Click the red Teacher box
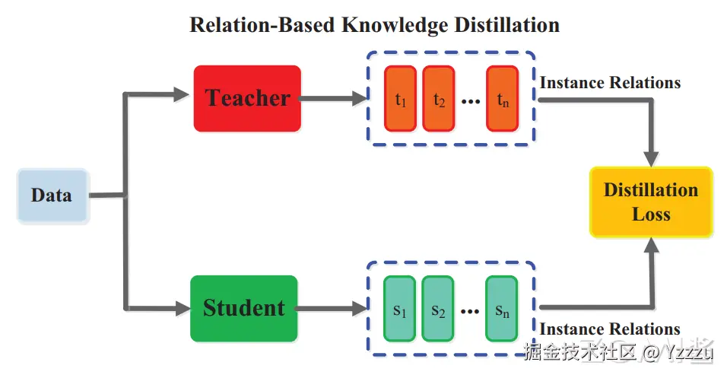pos(247,98)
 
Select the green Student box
pos(244,308)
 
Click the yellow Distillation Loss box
pos(651,202)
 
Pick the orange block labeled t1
pos(400,98)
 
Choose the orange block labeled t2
pos(438,98)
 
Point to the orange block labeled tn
pos(502,98)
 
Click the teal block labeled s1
pos(399,309)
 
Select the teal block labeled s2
pos(438,309)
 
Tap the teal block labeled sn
pos(502,309)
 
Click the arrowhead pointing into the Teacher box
pos(181,94)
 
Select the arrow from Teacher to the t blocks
pos(333,98)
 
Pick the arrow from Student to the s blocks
pos(331,308)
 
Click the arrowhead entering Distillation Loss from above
pos(652,158)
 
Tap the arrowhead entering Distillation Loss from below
pos(652,246)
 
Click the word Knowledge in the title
pos(395,24)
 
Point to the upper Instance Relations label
pos(610,82)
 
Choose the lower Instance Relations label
pos(610,329)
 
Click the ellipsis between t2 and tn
pos(471,101)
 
